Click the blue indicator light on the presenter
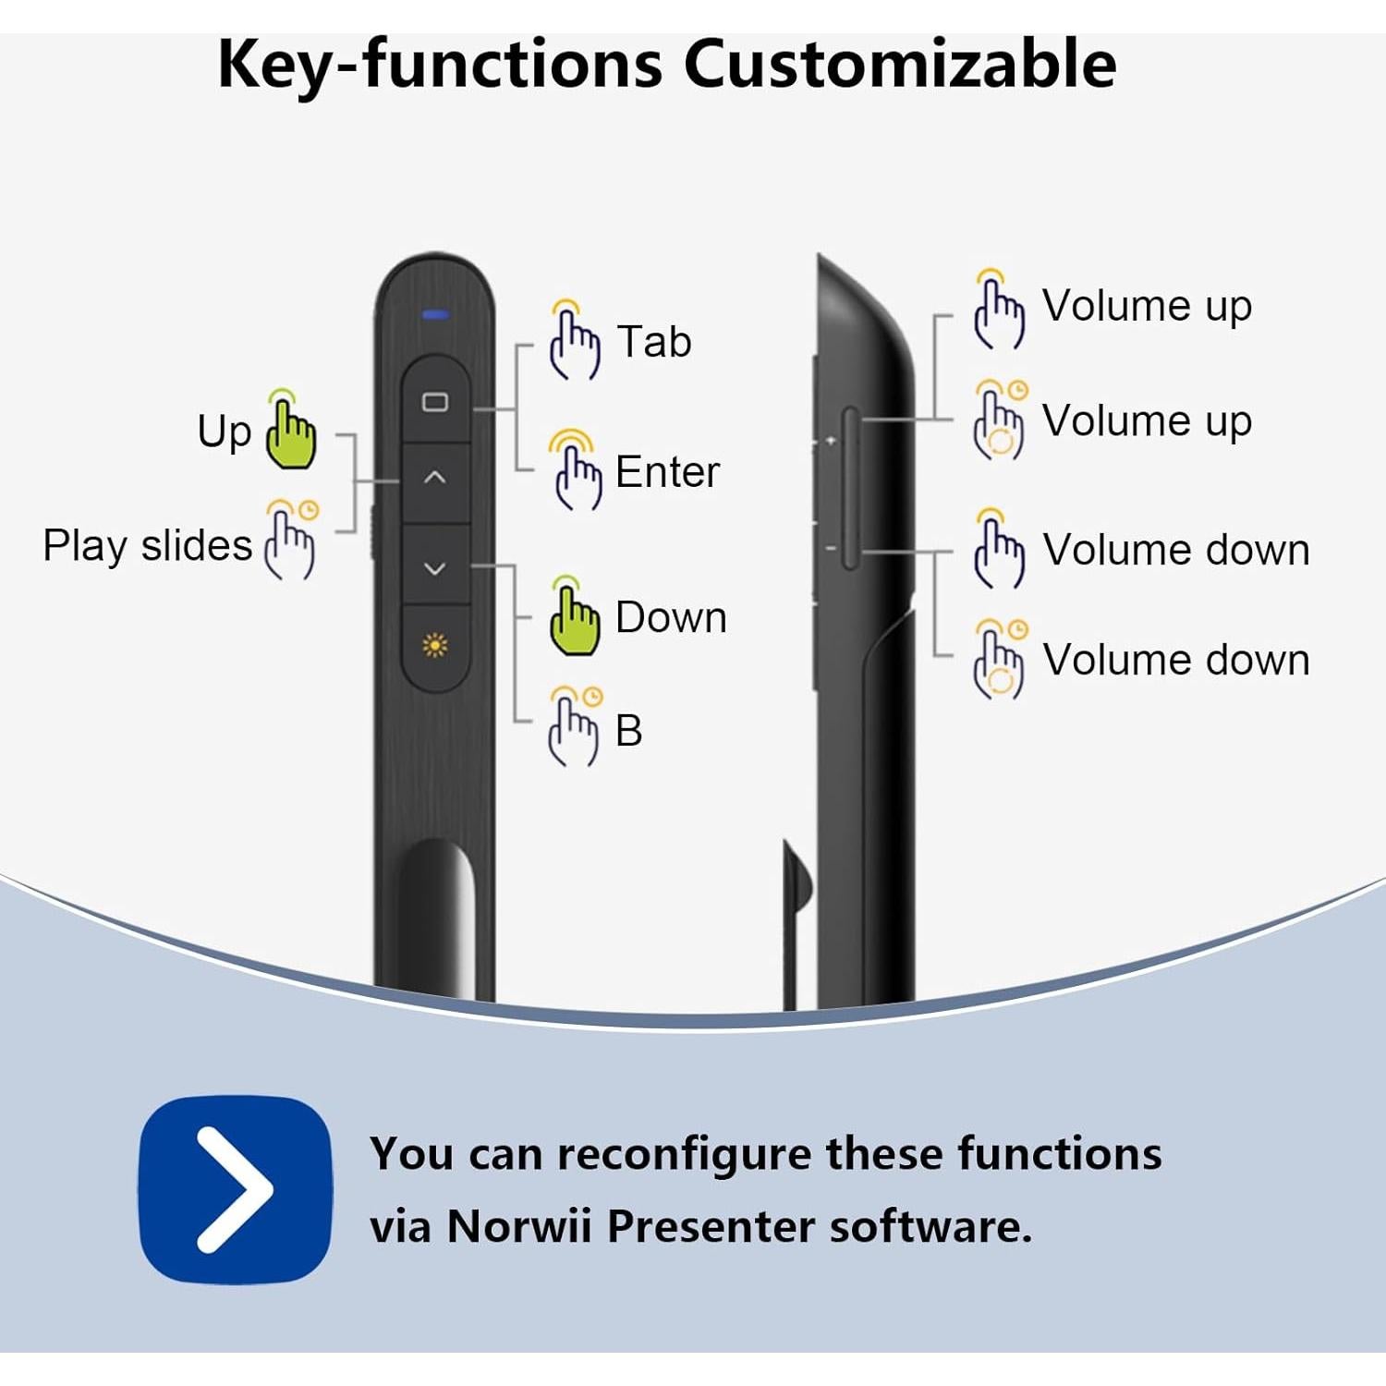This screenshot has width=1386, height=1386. coord(435,315)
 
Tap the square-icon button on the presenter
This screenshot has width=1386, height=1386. coord(435,402)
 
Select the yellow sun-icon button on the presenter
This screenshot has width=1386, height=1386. coord(435,645)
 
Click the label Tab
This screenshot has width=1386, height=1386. coord(654,342)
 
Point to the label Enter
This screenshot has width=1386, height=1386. coord(667,472)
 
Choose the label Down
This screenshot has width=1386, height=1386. coord(671,617)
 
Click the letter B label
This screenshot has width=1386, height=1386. coord(628,731)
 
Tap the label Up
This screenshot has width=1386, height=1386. coord(224,432)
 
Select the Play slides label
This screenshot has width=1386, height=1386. coord(147,545)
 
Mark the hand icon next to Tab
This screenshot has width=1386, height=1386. coord(574,341)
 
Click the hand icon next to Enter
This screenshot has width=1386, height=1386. coord(576,470)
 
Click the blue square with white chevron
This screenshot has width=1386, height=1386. coord(236,1189)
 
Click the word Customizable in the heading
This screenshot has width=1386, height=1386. coord(899,65)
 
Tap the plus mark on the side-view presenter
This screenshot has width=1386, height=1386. coord(831,441)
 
